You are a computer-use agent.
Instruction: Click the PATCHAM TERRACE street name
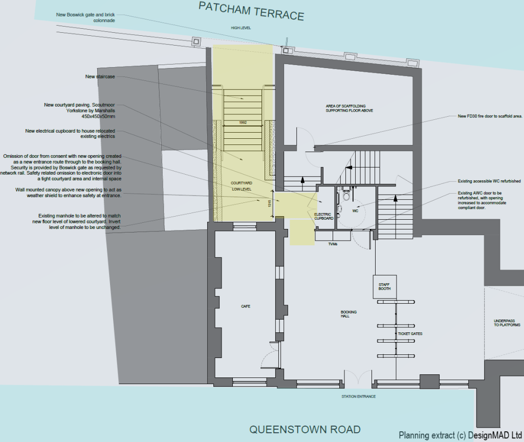click(x=251, y=11)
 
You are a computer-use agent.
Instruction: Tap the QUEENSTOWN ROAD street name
click(x=304, y=429)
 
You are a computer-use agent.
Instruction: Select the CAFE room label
click(x=246, y=306)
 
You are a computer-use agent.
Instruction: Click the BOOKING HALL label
click(x=348, y=314)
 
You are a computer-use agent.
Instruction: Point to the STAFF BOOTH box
click(x=384, y=287)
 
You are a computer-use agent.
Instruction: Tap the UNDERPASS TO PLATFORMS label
click(x=507, y=323)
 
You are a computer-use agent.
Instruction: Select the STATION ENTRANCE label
click(x=359, y=396)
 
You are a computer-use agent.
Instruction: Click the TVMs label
click(x=333, y=244)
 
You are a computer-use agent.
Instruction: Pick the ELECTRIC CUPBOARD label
click(x=323, y=216)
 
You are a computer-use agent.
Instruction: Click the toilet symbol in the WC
click(x=346, y=195)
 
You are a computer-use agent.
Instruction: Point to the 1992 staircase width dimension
click(x=243, y=123)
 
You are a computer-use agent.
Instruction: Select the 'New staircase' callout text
click(x=100, y=76)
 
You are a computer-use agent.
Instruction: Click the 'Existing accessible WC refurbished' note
click(x=489, y=181)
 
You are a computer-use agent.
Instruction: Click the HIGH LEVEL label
click(x=241, y=28)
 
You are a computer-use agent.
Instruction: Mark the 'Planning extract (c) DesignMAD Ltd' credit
click(x=460, y=435)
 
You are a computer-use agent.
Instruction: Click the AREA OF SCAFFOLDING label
click(x=350, y=109)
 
